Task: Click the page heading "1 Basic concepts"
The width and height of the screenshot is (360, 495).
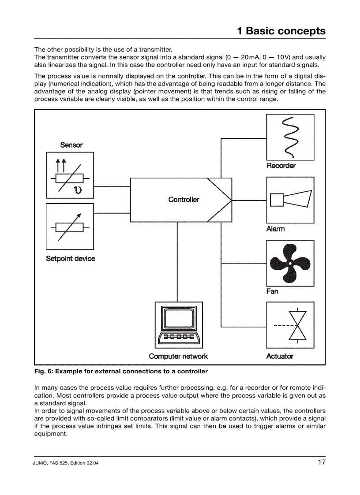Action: click(281, 31)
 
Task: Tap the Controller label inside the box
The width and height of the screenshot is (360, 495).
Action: click(184, 200)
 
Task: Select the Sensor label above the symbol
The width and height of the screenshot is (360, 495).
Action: click(71, 145)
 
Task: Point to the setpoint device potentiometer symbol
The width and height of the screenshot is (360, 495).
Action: click(70, 227)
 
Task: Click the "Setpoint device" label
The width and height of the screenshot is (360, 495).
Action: click(71, 259)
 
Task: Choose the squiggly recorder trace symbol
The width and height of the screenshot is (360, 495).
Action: click(290, 137)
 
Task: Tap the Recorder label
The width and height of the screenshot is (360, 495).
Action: click(281, 166)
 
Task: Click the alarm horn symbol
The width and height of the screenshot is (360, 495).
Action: click(290, 200)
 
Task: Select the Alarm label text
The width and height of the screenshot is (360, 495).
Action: click(275, 229)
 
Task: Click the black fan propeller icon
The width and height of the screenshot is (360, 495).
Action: click(290, 263)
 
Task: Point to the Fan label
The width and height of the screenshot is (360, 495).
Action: click(272, 291)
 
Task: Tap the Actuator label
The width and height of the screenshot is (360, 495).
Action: click(280, 356)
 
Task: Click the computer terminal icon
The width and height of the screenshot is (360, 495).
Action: click(179, 325)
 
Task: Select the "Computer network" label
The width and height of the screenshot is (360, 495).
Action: click(178, 356)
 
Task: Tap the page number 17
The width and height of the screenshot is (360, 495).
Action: click(321, 462)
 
